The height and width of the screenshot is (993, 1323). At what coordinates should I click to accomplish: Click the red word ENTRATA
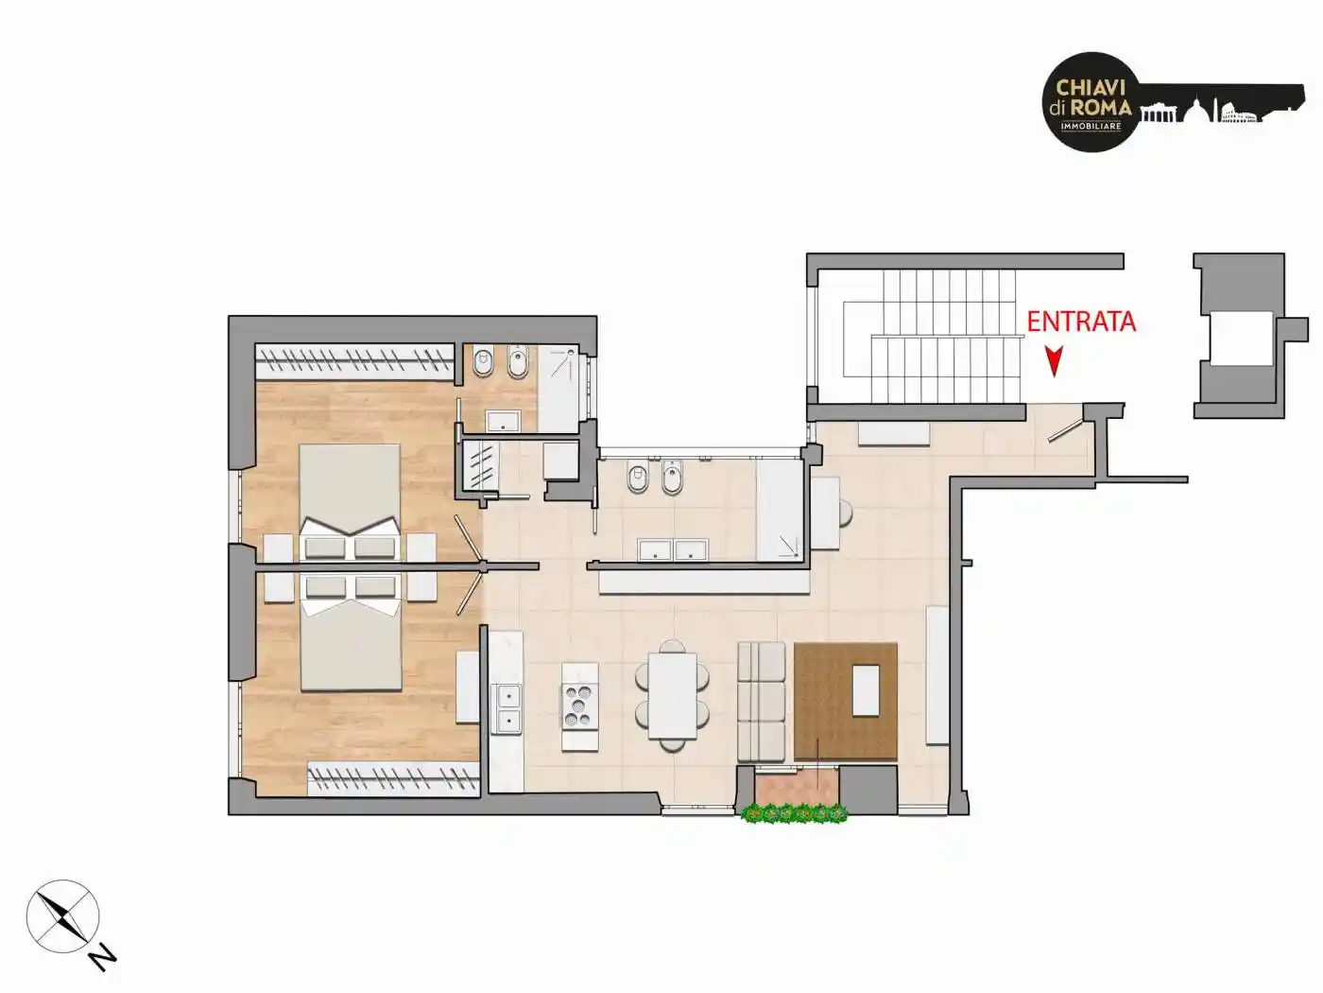point(1081,322)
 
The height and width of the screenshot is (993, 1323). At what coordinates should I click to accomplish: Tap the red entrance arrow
point(1054,361)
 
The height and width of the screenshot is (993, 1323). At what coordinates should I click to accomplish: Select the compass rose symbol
point(62,916)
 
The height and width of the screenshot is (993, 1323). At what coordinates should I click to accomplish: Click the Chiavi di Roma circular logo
point(1091,101)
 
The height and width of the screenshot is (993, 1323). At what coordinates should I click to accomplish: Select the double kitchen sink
point(506,709)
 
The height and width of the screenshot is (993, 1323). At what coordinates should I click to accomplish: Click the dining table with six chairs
point(672,695)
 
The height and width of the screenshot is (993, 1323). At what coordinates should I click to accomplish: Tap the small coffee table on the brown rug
point(867,691)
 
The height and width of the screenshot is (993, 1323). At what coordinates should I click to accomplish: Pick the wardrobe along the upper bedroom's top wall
point(354,362)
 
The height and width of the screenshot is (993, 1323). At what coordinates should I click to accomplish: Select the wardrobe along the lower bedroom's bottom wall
point(393,778)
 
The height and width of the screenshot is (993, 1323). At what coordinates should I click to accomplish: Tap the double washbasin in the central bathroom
point(673,549)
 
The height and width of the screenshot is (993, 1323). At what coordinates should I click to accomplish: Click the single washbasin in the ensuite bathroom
point(503,421)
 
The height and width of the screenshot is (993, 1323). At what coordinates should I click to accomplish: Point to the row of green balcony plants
point(795,814)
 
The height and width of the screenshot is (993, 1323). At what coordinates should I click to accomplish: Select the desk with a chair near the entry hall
point(832,514)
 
